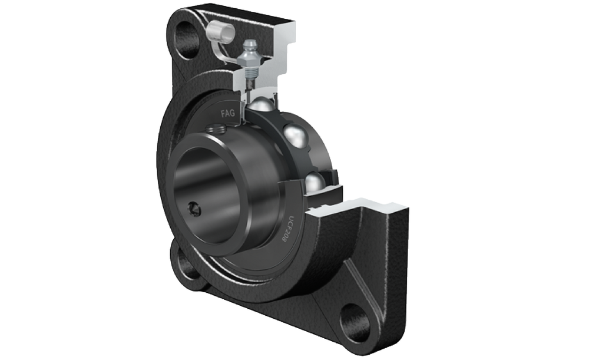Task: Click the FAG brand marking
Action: tap(227, 113)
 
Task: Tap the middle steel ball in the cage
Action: tap(296, 135)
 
